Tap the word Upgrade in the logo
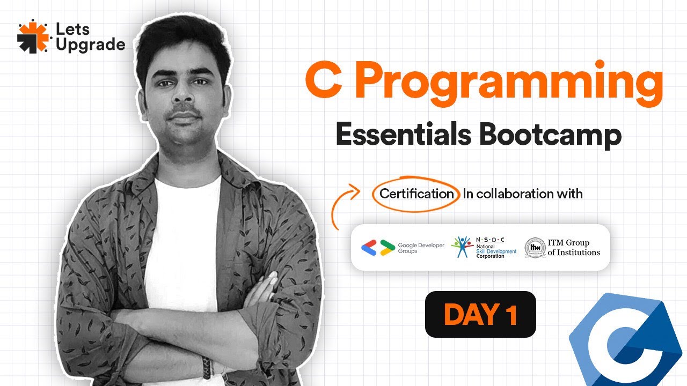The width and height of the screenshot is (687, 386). [x=90, y=45]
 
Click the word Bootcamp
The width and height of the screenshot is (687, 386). [x=550, y=135]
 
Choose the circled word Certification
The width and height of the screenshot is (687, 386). [x=416, y=194]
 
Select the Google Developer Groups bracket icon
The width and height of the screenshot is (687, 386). [x=376, y=247]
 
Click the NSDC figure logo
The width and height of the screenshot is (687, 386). [x=462, y=247]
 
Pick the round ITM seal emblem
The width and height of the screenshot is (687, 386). [x=534, y=247]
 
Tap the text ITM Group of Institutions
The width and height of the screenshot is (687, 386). [x=573, y=248]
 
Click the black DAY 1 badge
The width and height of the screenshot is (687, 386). [x=480, y=314]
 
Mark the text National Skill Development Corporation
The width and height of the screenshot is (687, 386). [x=496, y=250]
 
